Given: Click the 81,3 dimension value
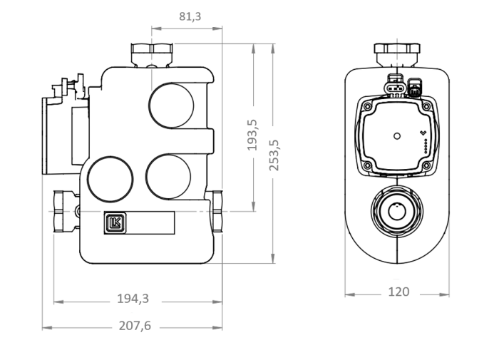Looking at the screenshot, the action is click(190, 16).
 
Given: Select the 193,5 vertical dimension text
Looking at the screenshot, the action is click(252, 135).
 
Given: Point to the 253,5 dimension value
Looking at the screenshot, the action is click(274, 155).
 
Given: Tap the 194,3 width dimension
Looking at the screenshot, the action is click(133, 299).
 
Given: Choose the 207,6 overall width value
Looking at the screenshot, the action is click(135, 326).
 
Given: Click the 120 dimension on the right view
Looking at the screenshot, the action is click(398, 292).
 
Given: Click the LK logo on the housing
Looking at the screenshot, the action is click(115, 222).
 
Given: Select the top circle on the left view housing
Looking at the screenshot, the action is click(171, 106).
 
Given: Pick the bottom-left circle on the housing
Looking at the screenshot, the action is click(110, 179).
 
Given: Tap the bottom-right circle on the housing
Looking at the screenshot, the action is click(168, 177).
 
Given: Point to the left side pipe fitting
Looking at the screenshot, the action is click(66, 211).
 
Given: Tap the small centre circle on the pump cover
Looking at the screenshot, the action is click(397, 136).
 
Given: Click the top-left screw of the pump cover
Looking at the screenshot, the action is click(367, 106).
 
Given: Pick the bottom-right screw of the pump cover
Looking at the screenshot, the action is click(426, 165).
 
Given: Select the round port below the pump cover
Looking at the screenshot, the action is click(397, 211).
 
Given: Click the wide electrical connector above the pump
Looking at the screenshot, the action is click(395, 85).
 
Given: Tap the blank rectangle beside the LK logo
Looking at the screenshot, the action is click(150, 222).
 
